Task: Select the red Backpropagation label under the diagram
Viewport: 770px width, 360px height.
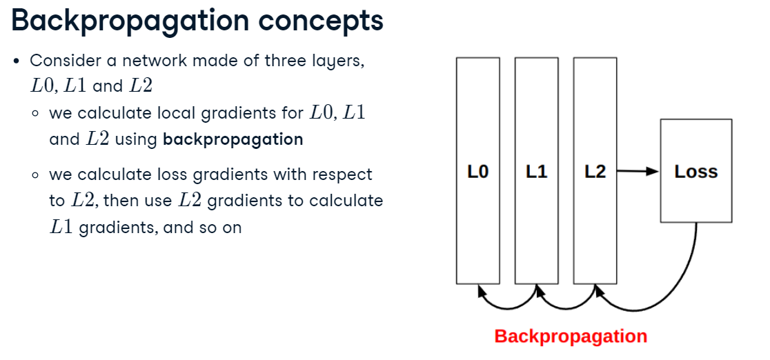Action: pyautogui.click(x=571, y=337)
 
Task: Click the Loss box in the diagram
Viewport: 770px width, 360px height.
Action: pyautogui.click(x=695, y=171)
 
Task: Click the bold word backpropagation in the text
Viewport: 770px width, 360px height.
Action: pyautogui.click(x=233, y=139)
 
